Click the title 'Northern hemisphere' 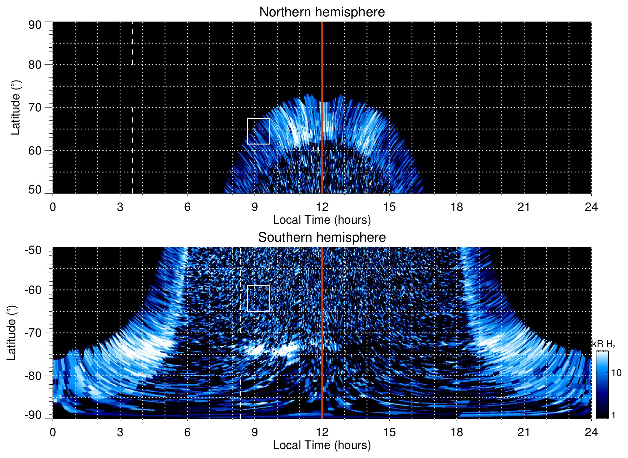(322, 12)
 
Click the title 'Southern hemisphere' (322, 238)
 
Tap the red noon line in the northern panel (322, 64)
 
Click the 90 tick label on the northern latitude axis (35, 25)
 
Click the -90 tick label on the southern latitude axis (33, 415)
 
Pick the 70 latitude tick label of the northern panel (35, 107)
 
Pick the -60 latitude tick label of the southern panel (33, 290)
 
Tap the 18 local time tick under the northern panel (457, 207)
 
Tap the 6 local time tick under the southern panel (187, 432)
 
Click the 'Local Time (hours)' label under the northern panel (322, 220)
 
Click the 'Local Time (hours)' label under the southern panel (322, 445)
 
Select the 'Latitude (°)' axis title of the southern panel (11, 333)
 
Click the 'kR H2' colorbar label (604, 344)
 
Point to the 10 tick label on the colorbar (616, 373)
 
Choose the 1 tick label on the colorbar (613, 415)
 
